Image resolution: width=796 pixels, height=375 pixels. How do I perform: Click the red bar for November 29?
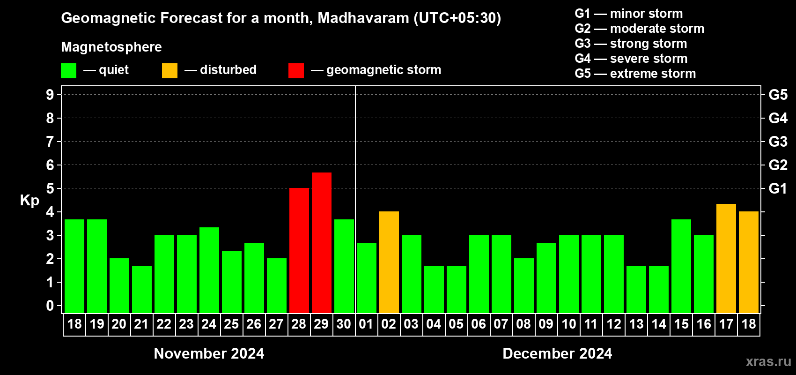coord(322,242)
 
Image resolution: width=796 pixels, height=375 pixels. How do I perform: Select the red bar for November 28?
coord(299,250)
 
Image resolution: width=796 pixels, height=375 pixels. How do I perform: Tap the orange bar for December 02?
coord(389,262)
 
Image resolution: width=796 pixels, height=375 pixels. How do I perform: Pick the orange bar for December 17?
coord(726,258)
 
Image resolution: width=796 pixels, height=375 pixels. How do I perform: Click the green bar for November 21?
coord(142,289)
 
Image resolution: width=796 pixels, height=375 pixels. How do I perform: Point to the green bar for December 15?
coord(681,266)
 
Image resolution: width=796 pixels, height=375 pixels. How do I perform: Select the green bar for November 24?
coord(209,270)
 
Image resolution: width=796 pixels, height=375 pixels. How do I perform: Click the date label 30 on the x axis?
coord(344,324)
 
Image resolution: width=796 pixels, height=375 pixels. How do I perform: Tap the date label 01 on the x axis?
coord(366,324)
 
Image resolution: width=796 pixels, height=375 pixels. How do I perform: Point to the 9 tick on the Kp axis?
coord(50,95)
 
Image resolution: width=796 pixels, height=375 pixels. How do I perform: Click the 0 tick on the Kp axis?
coord(50,306)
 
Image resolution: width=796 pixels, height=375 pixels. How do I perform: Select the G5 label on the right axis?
coord(778,95)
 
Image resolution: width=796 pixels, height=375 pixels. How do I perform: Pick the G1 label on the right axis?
coord(778,188)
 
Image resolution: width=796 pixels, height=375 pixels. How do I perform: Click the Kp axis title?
coord(29,200)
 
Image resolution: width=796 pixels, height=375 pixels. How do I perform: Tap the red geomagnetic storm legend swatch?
coord(296,71)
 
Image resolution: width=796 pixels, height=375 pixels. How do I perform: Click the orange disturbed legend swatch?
coord(170,71)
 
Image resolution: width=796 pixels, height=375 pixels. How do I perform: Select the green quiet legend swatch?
coord(68,71)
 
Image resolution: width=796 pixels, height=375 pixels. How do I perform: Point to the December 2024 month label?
coord(557,353)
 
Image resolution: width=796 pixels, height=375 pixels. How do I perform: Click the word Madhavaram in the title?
coord(363,18)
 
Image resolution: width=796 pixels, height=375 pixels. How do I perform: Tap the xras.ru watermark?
coord(768,361)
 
